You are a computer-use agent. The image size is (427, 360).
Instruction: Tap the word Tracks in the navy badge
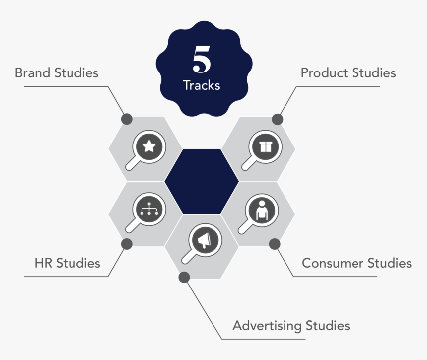[202, 85]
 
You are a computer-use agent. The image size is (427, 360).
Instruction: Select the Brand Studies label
[57, 73]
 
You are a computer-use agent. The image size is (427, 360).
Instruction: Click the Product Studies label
[348, 73]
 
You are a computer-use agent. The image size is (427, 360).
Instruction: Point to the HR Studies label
[67, 263]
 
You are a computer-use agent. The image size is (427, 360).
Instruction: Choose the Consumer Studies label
[356, 263]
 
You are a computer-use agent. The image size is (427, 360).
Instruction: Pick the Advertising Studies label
[291, 326]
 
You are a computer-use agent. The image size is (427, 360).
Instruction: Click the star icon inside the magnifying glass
[149, 146]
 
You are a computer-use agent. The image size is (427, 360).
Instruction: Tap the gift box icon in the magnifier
[266, 146]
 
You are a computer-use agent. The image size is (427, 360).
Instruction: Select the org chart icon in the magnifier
[148, 209]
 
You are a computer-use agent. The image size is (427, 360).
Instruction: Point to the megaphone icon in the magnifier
[205, 241]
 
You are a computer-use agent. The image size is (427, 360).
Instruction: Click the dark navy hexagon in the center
[202, 181]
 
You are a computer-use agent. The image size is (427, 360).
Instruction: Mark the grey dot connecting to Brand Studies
[127, 119]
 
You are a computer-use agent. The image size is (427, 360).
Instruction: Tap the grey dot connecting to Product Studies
[278, 119]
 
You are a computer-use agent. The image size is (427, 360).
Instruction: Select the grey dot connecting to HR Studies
[127, 244]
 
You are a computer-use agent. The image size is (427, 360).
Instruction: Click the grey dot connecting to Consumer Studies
[275, 244]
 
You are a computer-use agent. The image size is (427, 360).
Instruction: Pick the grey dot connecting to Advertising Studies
[184, 277]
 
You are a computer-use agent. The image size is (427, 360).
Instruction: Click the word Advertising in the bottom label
[267, 326]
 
